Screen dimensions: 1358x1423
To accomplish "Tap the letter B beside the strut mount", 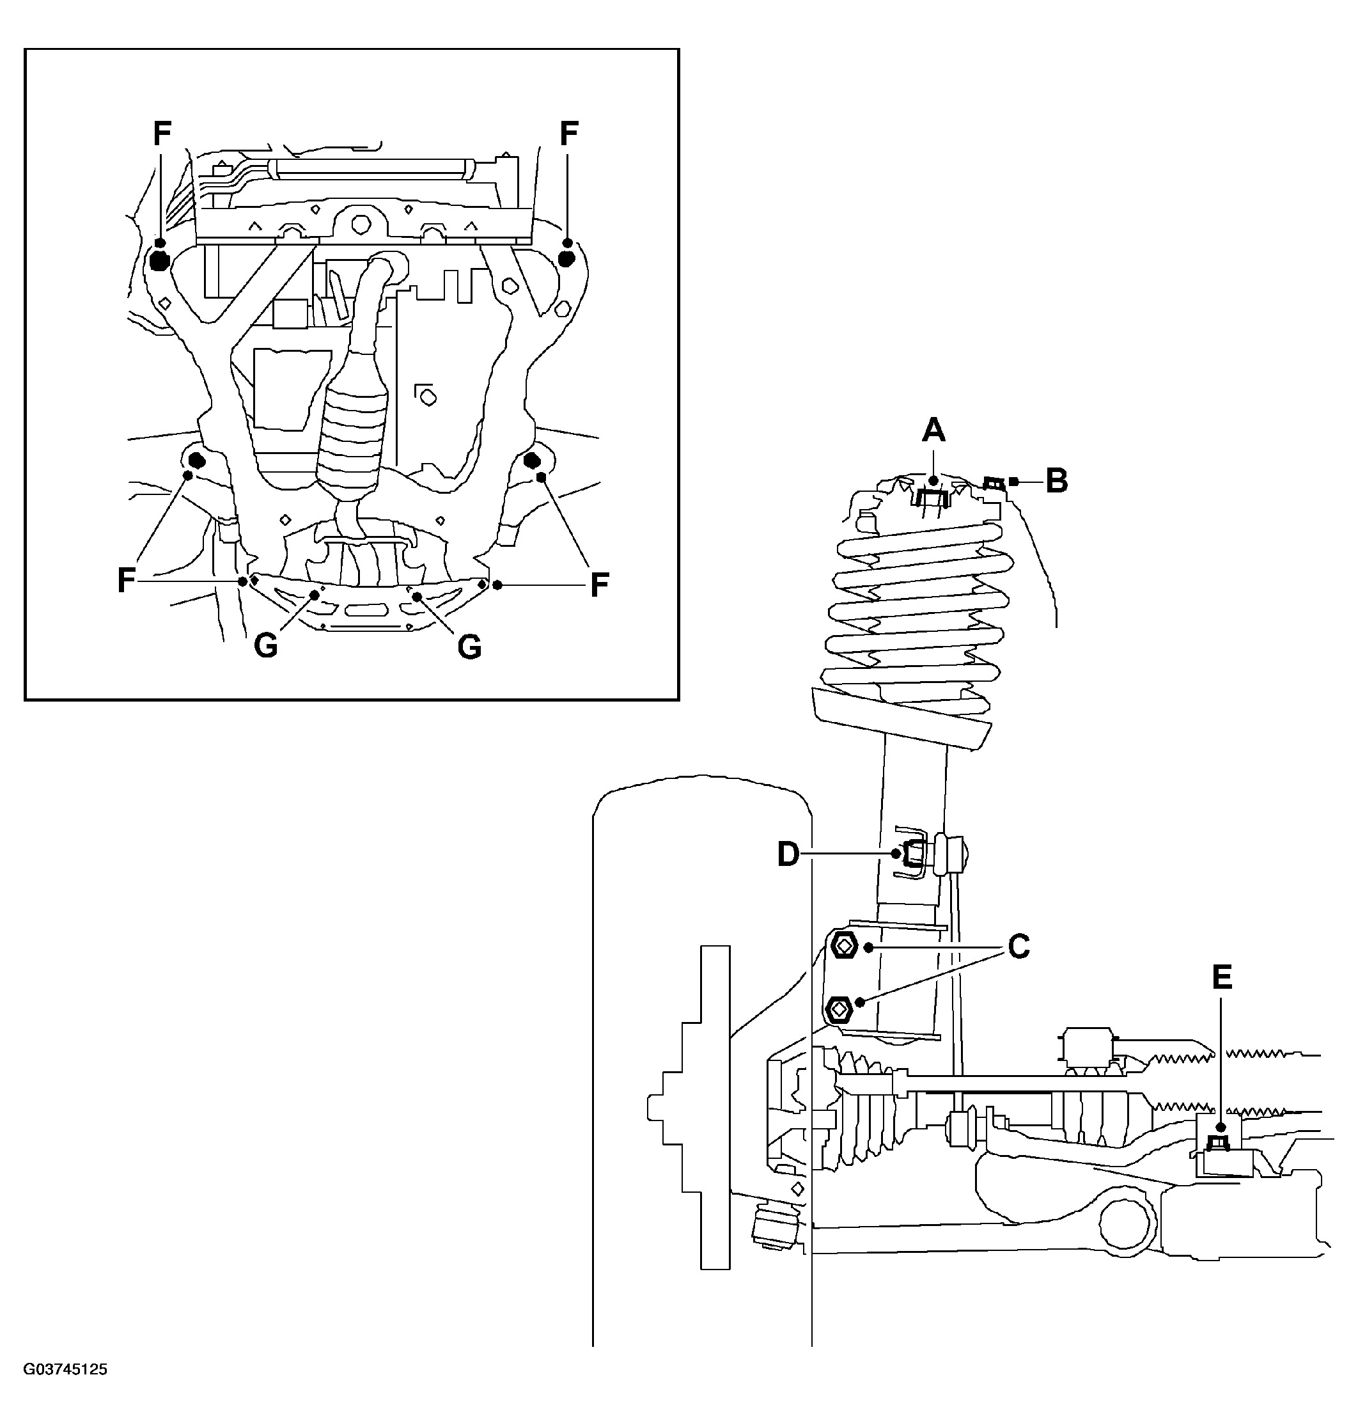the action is click(x=1057, y=481).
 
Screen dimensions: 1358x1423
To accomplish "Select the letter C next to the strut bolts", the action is click(x=1018, y=947).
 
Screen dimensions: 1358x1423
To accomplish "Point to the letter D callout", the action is click(x=788, y=855).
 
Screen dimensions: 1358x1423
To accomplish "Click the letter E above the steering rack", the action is click(x=1222, y=978).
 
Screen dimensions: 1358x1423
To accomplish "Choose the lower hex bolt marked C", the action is click(x=839, y=1007).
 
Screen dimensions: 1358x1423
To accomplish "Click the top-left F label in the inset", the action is click(x=162, y=132).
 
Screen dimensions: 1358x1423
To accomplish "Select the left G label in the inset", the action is click(x=266, y=647).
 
